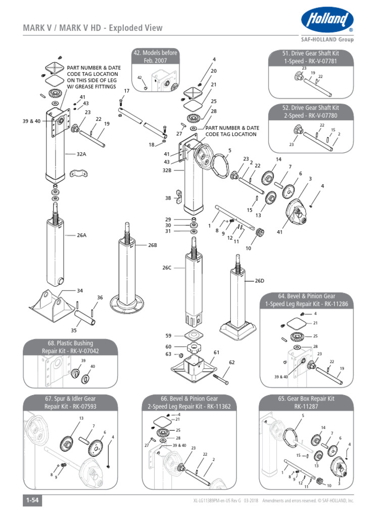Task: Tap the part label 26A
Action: pos(82,235)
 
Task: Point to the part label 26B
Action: pos(153,245)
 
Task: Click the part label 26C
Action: pos(167,268)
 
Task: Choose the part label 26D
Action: pos(260,280)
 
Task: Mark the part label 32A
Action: pos(81,154)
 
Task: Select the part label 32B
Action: pos(167,170)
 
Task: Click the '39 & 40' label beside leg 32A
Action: pos(31,121)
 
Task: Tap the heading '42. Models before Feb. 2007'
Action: pos(156,57)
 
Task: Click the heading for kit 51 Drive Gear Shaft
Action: pos(310,57)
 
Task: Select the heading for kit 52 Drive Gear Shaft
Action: pos(310,112)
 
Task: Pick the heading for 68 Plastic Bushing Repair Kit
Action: pos(70,347)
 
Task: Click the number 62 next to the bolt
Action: pos(232,362)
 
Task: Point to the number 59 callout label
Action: pos(168,335)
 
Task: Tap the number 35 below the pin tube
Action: pos(74,330)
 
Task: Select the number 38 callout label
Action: pos(168,198)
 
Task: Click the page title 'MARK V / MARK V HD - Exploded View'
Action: pos(93,28)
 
